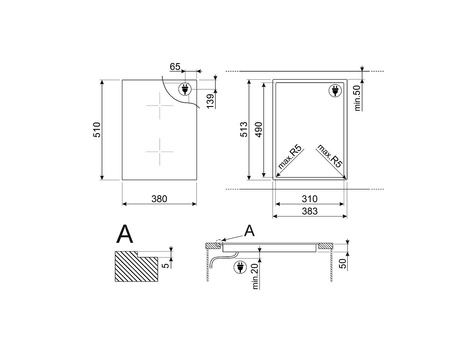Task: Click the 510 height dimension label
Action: pos(96,130)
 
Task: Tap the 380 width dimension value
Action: pos(159,199)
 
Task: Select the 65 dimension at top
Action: pos(175,67)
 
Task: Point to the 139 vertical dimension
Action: pos(210,101)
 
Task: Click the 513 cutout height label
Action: pos(244,129)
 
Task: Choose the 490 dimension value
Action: pos(259,129)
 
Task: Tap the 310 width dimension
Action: pos(309,199)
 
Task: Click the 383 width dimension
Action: pos(309,211)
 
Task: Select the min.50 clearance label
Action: pos(357,98)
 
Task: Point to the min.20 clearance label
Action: pos(255,276)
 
